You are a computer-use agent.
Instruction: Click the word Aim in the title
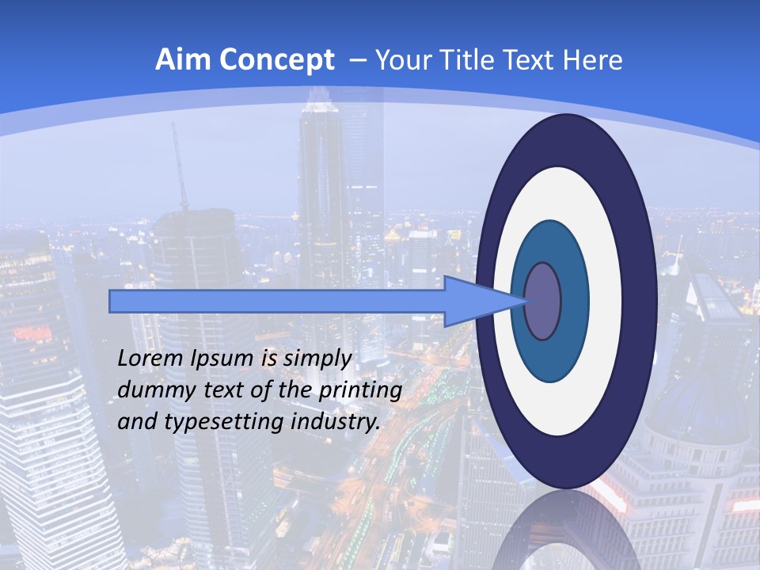[x=183, y=60]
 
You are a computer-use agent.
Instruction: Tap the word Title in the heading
[x=462, y=60]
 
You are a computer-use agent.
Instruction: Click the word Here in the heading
[x=592, y=60]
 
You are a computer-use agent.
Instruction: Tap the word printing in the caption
[x=360, y=391]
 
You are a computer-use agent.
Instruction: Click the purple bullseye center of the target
[x=542, y=301]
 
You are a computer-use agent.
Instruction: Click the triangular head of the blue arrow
[x=475, y=301]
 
